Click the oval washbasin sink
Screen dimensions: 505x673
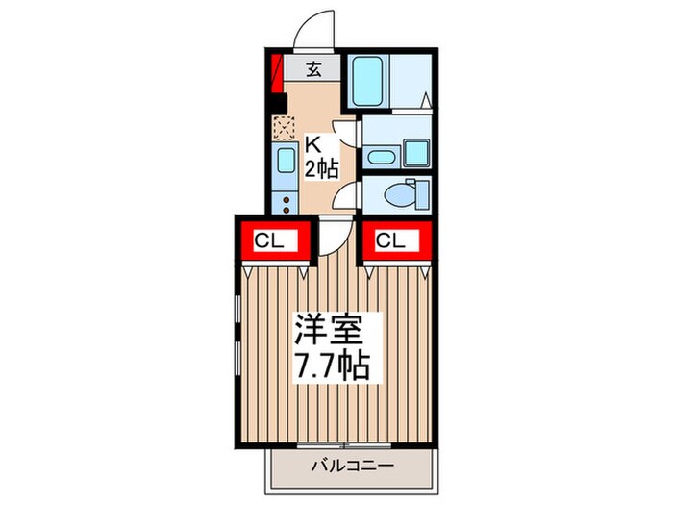[x=380, y=157]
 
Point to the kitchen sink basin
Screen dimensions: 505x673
[x=285, y=161]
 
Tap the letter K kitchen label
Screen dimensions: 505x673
[x=313, y=145]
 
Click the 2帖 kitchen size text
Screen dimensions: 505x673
[x=321, y=170]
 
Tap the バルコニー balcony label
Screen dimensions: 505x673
[x=351, y=467]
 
